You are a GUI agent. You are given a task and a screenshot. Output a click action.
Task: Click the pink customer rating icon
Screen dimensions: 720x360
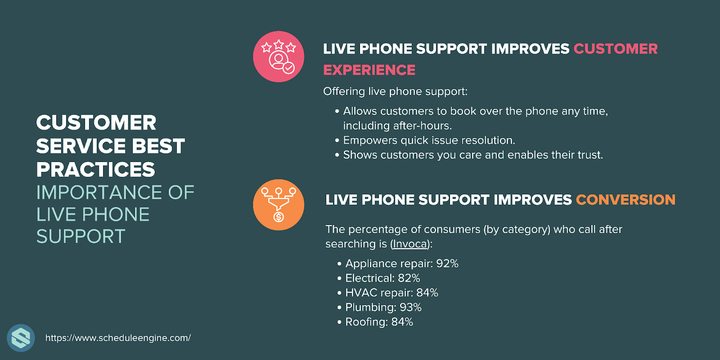[x=279, y=57]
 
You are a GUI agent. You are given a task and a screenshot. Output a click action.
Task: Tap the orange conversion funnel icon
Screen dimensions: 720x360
[x=279, y=205]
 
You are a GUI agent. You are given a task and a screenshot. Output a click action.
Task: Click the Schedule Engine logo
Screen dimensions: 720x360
[x=21, y=338]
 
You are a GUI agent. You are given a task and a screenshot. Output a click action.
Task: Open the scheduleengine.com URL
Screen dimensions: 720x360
[x=118, y=338]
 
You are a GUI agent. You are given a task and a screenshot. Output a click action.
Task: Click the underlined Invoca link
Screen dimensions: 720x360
[x=410, y=243]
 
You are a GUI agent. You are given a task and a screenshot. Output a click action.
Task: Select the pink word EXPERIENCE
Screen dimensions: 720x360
[x=369, y=70]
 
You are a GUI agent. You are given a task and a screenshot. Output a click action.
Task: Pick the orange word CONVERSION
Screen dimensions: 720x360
[x=625, y=200]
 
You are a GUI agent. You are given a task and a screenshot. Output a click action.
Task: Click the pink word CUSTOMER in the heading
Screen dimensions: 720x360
[x=616, y=49]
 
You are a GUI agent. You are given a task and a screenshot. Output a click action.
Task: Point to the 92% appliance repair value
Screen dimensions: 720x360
[x=447, y=264]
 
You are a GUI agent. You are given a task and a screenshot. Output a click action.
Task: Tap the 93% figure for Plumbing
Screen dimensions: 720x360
[x=410, y=307]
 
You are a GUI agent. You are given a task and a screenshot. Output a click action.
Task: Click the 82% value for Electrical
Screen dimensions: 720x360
[x=409, y=278]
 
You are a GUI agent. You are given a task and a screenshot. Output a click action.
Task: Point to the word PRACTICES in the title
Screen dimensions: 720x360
[x=95, y=169]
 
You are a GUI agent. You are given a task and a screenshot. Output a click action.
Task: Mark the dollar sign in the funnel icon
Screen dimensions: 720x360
[x=279, y=217]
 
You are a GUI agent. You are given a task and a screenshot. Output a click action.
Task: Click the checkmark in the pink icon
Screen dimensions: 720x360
[x=288, y=68]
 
